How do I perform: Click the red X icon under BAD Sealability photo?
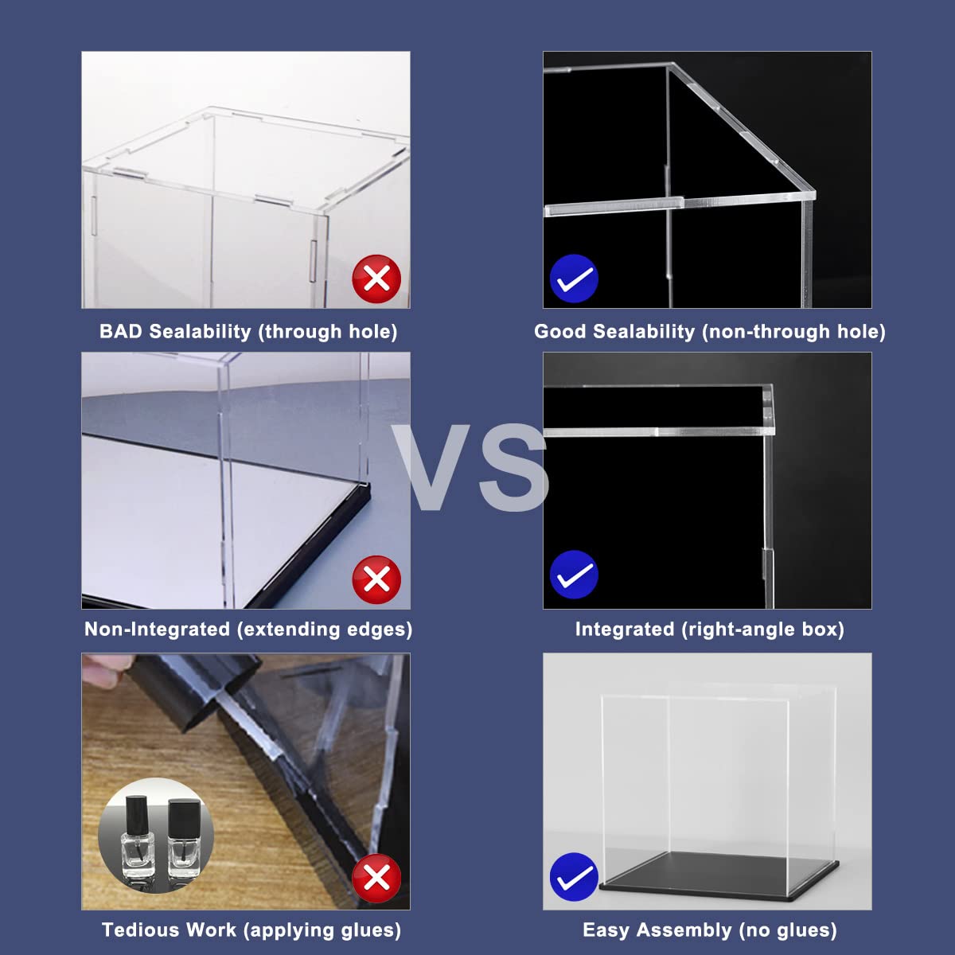click(x=376, y=279)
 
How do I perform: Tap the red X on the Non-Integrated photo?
click(x=376, y=579)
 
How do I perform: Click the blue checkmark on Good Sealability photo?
click(x=574, y=279)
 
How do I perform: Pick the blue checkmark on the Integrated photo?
click(x=574, y=575)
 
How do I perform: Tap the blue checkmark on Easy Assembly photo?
click(x=574, y=877)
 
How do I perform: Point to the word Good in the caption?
click(x=560, y=332)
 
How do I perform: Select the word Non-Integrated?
click(x=157, y=630)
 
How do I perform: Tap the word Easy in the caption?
click(x=606, y=930)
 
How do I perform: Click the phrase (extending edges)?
click(x=325, y=630)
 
